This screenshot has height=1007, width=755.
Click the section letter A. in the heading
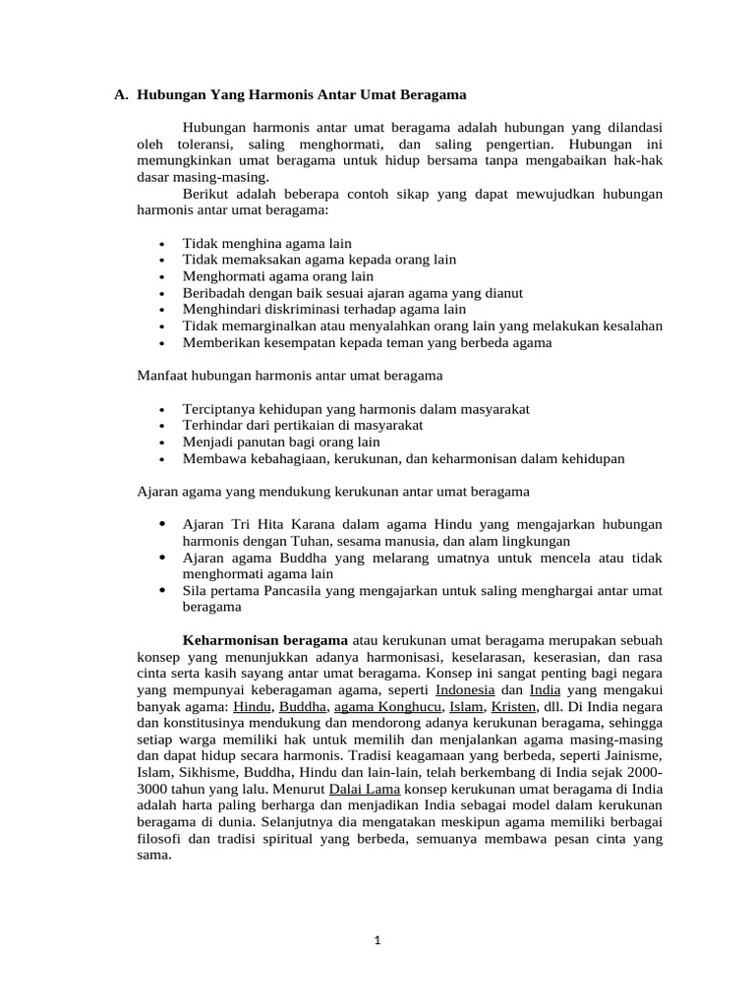(121, 95)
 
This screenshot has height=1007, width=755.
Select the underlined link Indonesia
(464, 690)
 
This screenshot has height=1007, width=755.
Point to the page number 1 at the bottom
(377, 939)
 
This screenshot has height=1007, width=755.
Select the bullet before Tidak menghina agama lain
(160, 244)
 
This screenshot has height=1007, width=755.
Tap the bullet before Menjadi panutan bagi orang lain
(160, 443)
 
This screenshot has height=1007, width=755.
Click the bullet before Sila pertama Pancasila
(160, 590)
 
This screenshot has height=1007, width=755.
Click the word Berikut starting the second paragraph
(205, 194)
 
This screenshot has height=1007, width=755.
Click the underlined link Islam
(466, 707)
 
